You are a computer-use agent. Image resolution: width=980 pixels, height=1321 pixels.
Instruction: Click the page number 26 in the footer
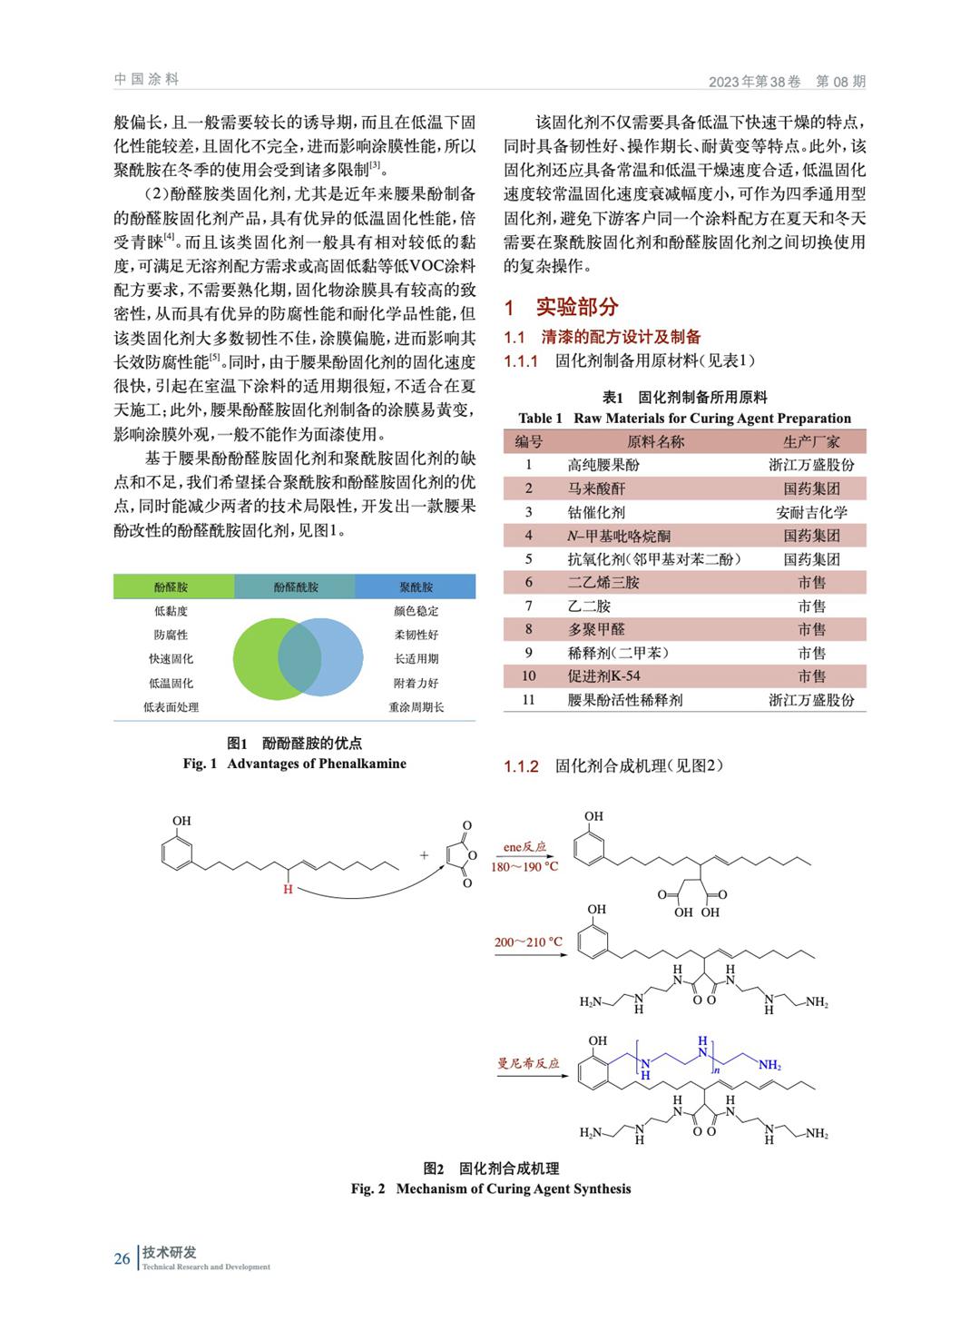click(x=122, y=1258)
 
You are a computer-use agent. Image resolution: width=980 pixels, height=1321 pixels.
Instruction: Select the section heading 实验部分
click(x=576, y=307)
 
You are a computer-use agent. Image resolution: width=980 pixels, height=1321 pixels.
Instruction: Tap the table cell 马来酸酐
click(x=596, y=488)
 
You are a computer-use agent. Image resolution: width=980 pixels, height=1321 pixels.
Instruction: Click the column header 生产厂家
click(x=810, y=441)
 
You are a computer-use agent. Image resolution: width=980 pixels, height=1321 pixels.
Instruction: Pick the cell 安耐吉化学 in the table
click(x=810, y=512)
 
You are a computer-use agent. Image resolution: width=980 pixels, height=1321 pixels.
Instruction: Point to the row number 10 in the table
click(x=528, y=676)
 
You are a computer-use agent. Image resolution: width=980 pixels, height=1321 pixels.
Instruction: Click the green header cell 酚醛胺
click(x=172, y=587)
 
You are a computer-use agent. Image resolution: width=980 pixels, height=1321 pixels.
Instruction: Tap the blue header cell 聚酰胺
click(x=416, y=587)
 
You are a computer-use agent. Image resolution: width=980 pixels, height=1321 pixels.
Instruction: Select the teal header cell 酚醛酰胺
click(x=295, y=587)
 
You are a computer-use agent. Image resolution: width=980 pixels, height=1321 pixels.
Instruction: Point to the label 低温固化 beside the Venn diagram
click(x=171, y=683)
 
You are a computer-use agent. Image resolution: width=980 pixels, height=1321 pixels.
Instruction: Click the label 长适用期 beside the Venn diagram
click(x=416, y=659)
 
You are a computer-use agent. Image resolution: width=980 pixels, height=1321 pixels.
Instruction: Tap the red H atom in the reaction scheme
click(x=288, y=889)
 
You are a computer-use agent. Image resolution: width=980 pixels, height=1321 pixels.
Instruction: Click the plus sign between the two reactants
click(x=424, y=855)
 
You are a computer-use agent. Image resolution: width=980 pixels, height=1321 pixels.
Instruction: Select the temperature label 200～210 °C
click(x=528, y=942)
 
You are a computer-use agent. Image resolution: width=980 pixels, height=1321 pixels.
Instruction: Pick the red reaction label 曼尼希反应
click(x=528, y=1063)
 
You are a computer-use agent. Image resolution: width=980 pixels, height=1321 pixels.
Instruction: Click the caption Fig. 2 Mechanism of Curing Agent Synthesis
click(x=490, y=1188)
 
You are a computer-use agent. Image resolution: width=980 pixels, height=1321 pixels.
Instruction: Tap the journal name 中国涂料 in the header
click(x=147, y=80)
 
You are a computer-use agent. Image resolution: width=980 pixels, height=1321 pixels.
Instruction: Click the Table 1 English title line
click(x=684, y=419)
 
